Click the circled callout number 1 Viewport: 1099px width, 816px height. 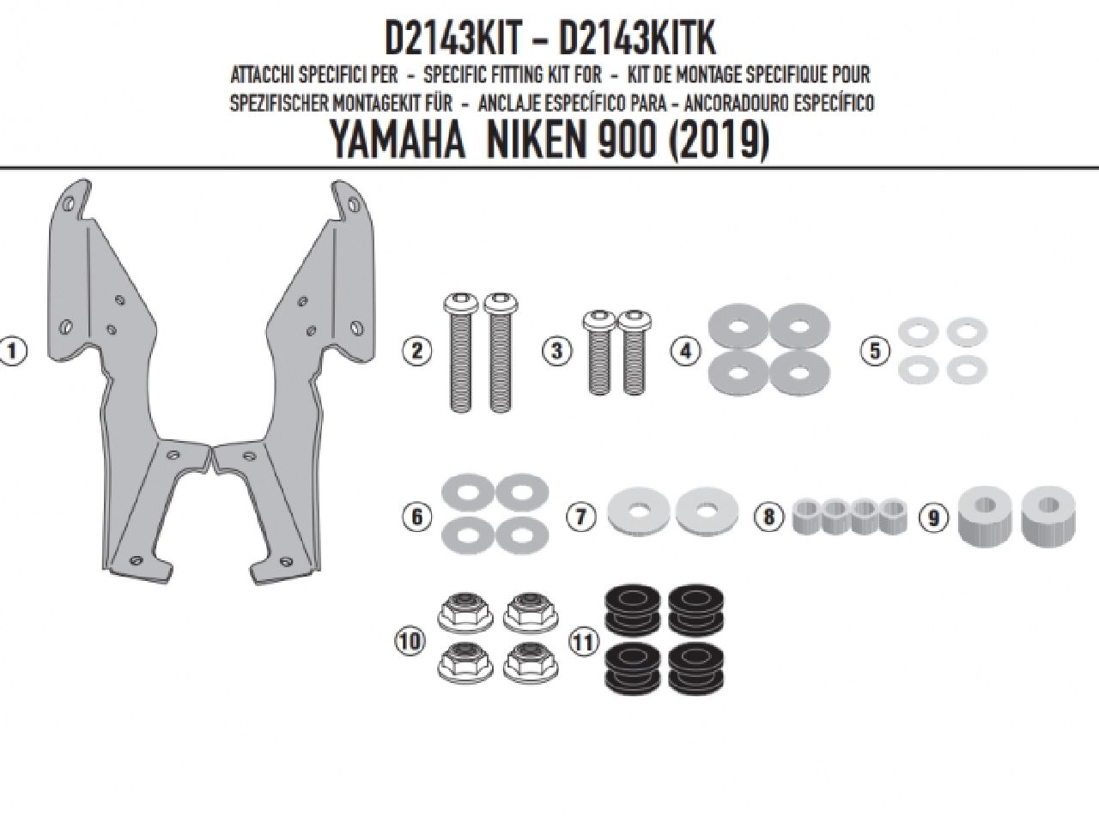[12, 351]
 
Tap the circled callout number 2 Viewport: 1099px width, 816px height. [416, 351]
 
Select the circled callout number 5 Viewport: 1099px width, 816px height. [875, 351]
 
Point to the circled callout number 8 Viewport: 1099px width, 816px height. [769, 517]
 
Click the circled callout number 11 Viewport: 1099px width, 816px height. [584, 643]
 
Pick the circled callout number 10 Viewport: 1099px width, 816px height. [410, 642]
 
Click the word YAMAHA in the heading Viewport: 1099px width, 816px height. [398, 140]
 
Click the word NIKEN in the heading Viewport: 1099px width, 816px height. [538, 140]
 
